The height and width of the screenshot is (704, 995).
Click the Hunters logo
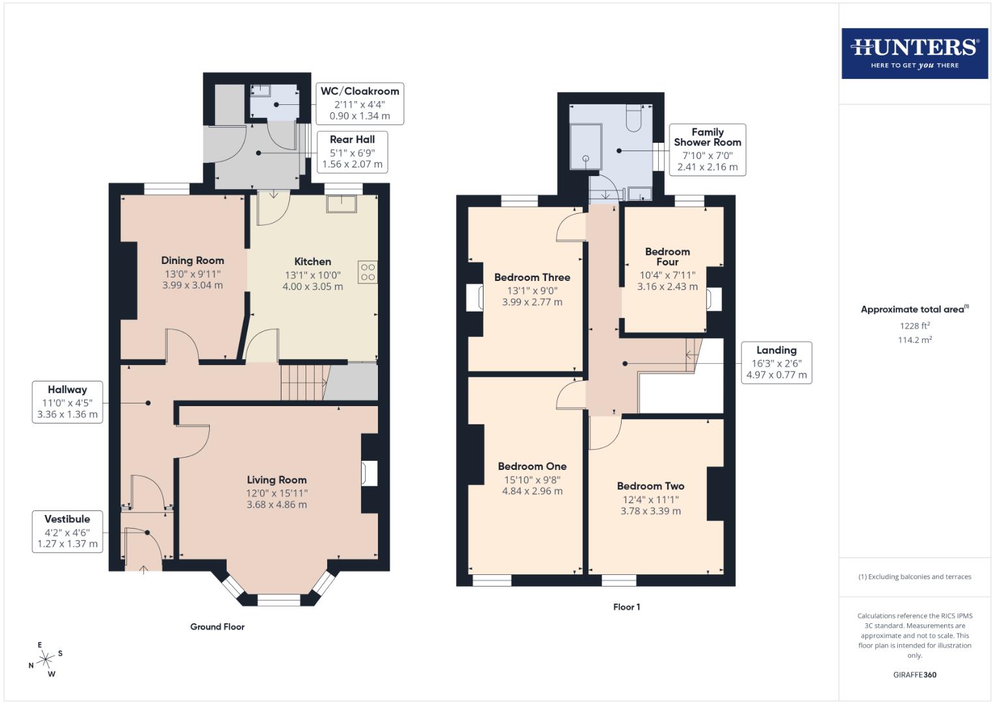pyautogui.click(x=914, y=53)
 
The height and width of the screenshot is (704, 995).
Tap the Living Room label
pyautogui.click(x=276, y=480)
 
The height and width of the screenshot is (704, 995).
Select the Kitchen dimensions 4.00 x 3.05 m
pyautogui.click(x=312, y=286)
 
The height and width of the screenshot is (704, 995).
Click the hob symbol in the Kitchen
pyautogui.click(x=368, y=271)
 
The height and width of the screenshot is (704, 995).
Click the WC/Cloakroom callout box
pyautogui.click(x=360, y=104)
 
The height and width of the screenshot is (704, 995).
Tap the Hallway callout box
pyautogui.click(x=67, y=402)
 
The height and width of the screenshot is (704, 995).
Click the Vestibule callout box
pyautogui.click(x=67, y=531)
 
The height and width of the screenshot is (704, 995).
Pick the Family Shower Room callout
pyautogui.click(x=707, y=149)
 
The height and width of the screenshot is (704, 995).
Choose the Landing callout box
pyautogui.click(x=776, y=362)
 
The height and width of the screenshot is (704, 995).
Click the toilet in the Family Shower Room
pyautogui.click(x=634, y=118)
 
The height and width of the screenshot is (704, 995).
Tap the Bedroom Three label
pyautogui.click(x=532, y=277)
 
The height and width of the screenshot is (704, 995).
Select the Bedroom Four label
pyautogui.click(x=667, y=256)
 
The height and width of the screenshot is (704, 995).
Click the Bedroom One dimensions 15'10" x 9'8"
pyautogui.click(x=532, y=479)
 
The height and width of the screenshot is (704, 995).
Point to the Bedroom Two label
pyautogui.click(x=650, y=486)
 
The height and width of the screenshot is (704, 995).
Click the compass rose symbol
pyautogui.click(x=46, y=660)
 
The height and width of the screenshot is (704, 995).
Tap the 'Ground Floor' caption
pyautogui.click(x=217, y=626)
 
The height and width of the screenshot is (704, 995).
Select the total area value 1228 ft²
pyautogui.click(x=914, y=325)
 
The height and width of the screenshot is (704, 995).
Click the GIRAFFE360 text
pyautogui.click(x=914, y=675)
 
